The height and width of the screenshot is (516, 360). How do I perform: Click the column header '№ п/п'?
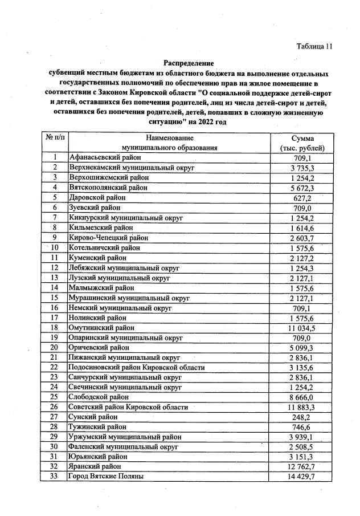click(x=55, y=139)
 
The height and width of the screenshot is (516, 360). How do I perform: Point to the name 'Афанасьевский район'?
click(x=104, y=158)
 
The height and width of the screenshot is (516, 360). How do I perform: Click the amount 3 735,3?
click(x=307, y=168)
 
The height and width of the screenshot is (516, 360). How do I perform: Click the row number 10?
click(x=55, y=247)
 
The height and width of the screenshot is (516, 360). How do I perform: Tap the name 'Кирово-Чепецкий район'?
click(x=108, y=237)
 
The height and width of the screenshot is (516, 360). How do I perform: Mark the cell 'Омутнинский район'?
click(x=101, y=328)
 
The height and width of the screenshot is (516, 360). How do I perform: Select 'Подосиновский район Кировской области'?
click(x=136, y=367)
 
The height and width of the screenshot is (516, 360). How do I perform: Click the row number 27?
click(x=55, y=417)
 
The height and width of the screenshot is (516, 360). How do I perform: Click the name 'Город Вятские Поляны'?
click(x=106, y=476)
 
